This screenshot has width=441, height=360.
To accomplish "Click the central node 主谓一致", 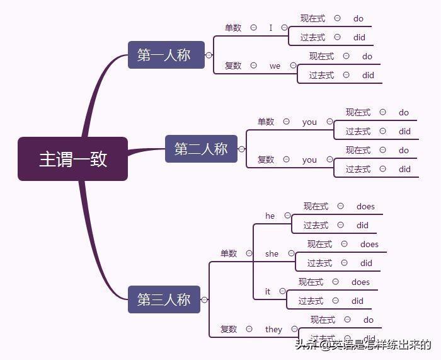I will pyautogui.click(x=72, y=159).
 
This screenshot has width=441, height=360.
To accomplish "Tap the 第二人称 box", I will pyautogui.click(x=201, y=149).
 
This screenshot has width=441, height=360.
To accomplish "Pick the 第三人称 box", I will pyautogui.click(x=164, y=299).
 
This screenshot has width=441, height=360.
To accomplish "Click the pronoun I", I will pyautogui.click(x=271, y=28).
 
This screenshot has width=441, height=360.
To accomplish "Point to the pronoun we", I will pyautogui.click(x=275, y=66).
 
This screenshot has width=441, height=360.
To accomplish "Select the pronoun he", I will pyautogui.click(x=270, y=216).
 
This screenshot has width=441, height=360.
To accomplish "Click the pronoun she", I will pyautogui.click(x=272, y=253).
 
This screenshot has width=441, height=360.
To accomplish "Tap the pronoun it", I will pyautogui.click(x=268, y=291).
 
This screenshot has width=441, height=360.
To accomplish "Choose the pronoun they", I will pyautogui.click(x=273, y=329).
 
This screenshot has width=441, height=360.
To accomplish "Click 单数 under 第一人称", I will pyautogui.click(x=233, y=28).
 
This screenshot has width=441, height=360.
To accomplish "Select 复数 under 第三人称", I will pyautogui.click(x=229, y=329).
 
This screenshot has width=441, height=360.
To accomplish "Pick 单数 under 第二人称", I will pyautogui.click(x=266, y=122).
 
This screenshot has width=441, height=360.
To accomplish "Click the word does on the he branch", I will pyautogui.click(x=365, y=206).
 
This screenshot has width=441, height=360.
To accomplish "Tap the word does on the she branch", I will pyautogui.click(x=369, y=244).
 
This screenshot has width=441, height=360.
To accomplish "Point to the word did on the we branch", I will pyautogui.click(x=368, y=75).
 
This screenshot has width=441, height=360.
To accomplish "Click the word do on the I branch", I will pyautogui.click(x=358, y=18).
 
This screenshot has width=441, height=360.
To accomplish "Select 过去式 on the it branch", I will pyautogui.click(x=311, y=301).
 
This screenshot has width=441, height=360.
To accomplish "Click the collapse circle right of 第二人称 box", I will pyautogui.click(x=241, y=149).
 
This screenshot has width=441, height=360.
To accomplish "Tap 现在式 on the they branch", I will pyautogui.click(x=323, y=320).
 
